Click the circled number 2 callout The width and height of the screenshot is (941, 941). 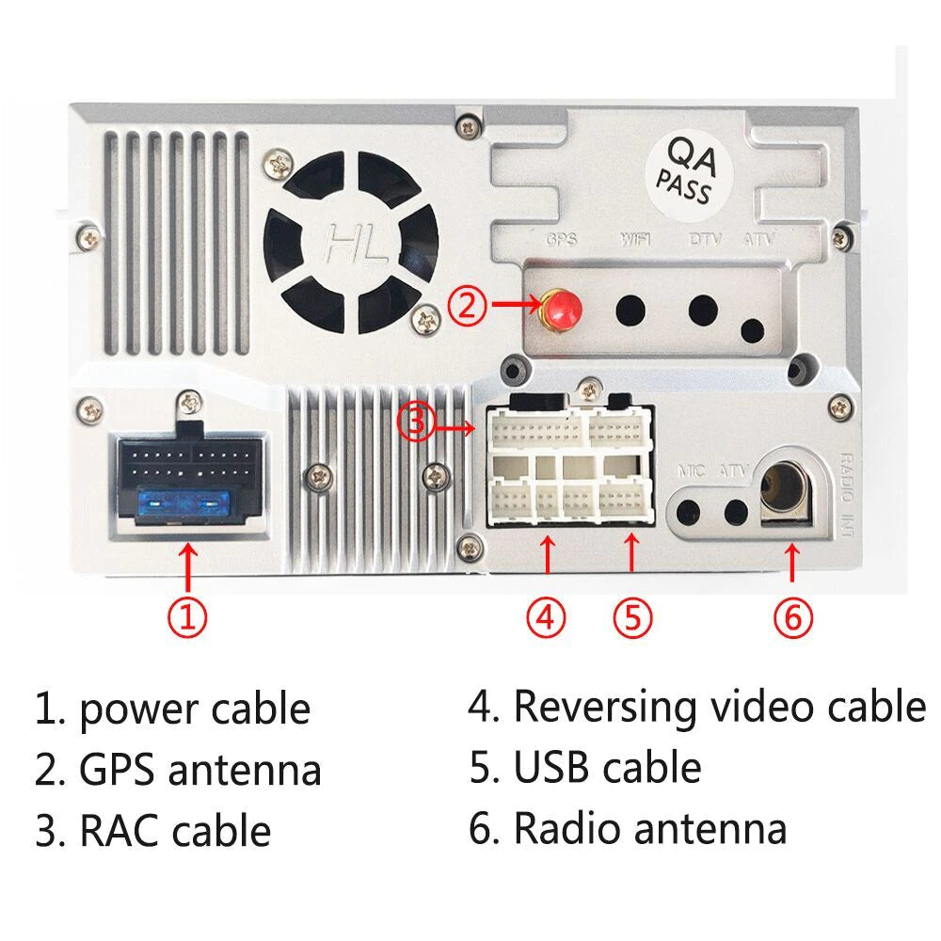coord(468,305)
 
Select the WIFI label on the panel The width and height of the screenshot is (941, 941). coord(637,240)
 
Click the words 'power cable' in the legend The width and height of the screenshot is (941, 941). coord(195,709)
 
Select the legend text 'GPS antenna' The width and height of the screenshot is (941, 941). coord(200,770)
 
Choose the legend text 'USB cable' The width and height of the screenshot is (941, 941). coord(607,767)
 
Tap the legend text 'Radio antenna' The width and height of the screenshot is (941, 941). coord(649,829)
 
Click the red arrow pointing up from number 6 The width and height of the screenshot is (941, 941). coord(792,564)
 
